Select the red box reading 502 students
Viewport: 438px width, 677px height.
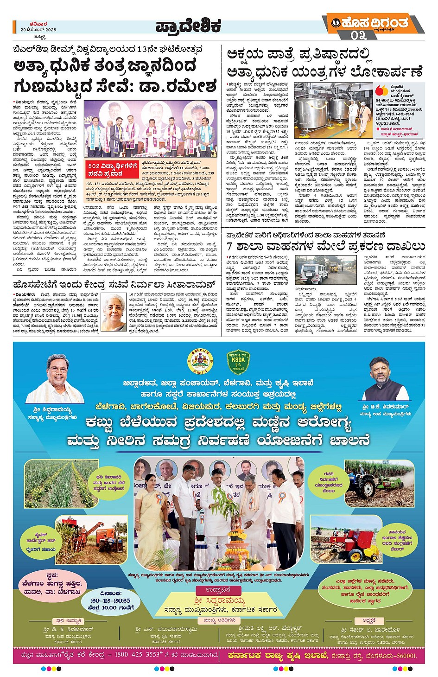(113, 169)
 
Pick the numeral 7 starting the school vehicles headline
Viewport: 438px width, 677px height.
(230, 246)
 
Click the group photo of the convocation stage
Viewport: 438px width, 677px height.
(150, 129)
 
